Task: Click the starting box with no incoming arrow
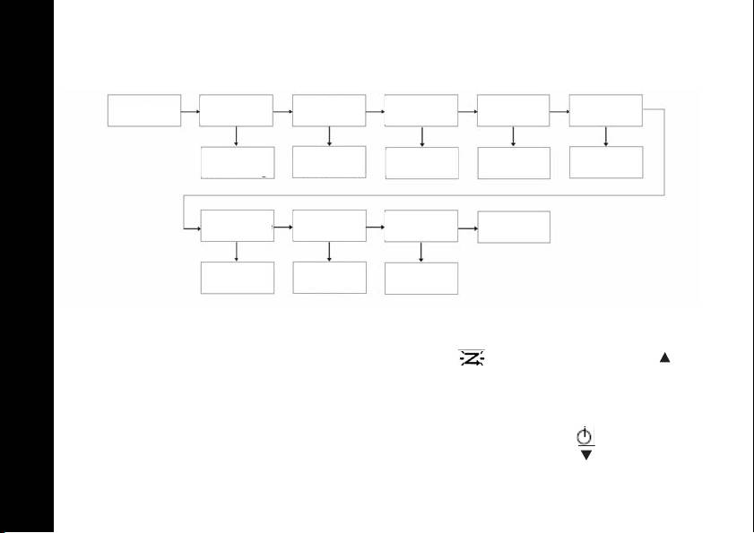pos(144,110)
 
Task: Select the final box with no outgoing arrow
pos(514,228)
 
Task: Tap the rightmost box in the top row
pos(606,110)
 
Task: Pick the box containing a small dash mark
pos(237,162)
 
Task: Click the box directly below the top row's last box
pos(606,162)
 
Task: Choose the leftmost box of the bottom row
pos(237,278)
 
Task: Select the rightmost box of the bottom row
pos(420,278)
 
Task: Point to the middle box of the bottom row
pos(330,278)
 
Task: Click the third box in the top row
pos(330,110)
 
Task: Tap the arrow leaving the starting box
pos(190,111)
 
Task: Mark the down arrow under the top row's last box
pos(606,136)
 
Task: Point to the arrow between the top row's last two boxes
pos(559,111)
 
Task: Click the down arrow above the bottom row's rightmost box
pos(420,252)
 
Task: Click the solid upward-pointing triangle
pos(664,357)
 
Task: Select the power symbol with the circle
pos(585,436)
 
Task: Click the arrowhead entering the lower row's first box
pos(195,228)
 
